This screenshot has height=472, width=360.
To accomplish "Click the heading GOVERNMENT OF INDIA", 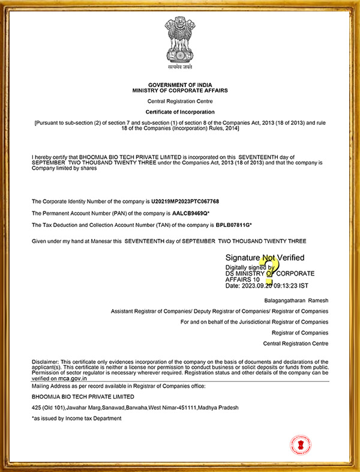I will tap(180, 85).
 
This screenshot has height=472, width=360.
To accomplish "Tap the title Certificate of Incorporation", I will tap(180, 112).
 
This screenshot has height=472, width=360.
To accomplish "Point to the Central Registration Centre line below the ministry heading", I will tap(180, 101).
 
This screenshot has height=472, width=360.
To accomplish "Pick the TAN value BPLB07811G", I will tap(233, 225).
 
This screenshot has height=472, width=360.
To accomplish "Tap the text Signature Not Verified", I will tap(264, 258).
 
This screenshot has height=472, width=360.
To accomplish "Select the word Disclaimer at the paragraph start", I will tap(45, 362).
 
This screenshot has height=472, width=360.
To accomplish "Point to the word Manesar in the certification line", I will tap(99, 241).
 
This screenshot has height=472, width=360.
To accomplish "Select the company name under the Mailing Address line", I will tap(83, 397).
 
